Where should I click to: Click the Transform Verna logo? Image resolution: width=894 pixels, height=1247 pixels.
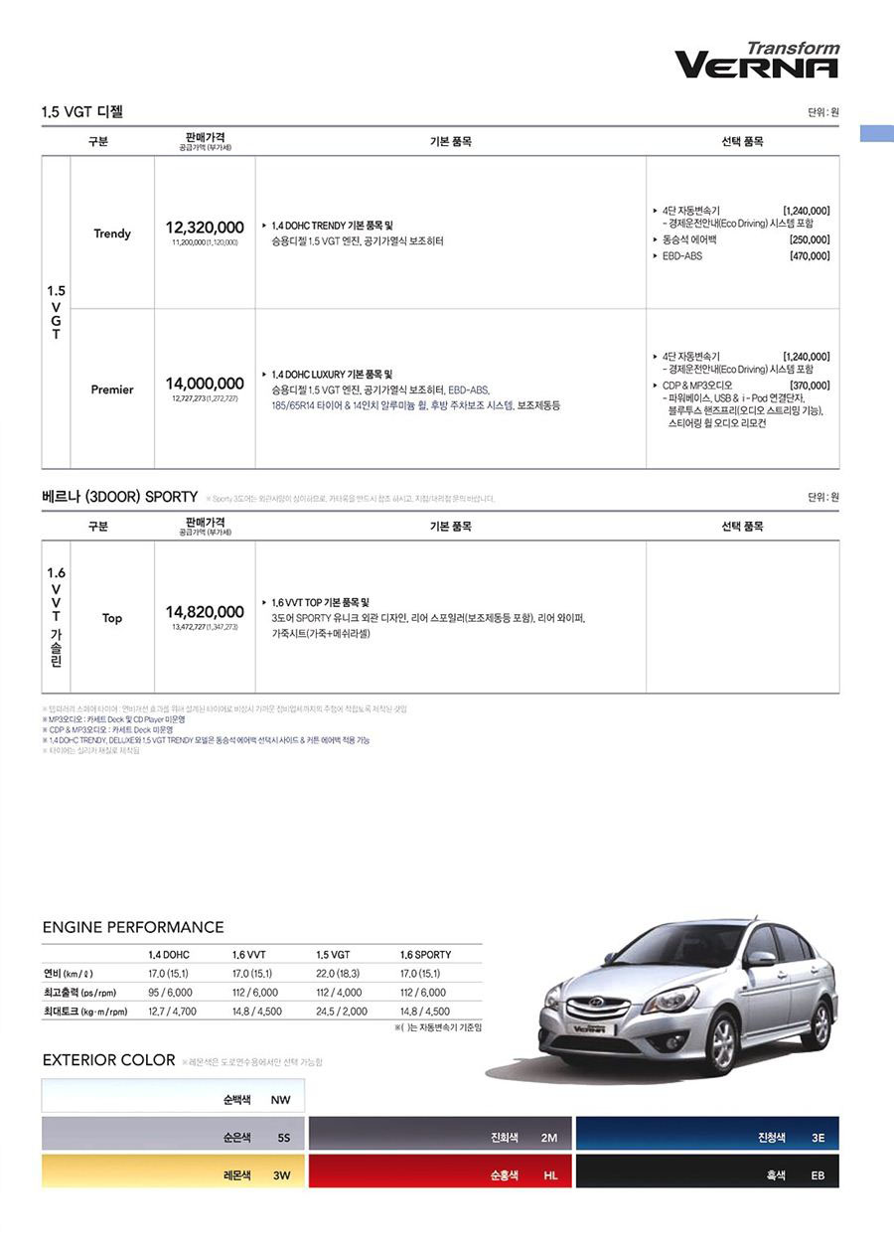(757, 61)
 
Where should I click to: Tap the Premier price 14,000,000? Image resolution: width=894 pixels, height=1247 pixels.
(205, 384)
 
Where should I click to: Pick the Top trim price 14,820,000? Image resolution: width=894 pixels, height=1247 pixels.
(205, 612)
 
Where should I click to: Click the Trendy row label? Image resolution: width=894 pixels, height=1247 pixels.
(112, 234)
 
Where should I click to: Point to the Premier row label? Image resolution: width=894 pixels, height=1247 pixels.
(112, 390)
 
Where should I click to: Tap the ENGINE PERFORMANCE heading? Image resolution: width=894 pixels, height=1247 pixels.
(133, 927)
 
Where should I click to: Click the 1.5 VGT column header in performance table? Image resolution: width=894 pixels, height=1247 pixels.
(333, 955)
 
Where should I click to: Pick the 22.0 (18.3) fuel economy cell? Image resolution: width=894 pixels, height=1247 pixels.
(338, 974)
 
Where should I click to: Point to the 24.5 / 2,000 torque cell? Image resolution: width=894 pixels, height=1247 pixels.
(342, 1012)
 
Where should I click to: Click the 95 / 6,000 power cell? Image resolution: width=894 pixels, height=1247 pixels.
(172, 993)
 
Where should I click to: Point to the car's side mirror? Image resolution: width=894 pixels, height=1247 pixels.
(762, 958)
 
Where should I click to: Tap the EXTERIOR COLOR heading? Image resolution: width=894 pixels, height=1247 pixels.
(109, 1060)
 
